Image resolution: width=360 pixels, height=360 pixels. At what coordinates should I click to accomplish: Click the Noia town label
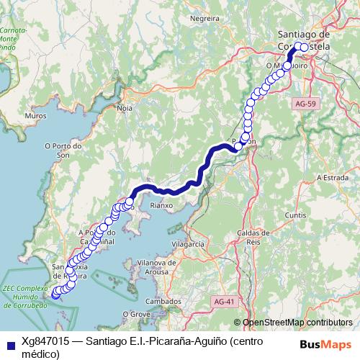tap(125, 108)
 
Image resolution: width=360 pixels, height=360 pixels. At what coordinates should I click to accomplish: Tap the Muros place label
tap(35, 115)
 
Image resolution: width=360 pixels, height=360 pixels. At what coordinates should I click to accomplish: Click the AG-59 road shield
tap(305, 104)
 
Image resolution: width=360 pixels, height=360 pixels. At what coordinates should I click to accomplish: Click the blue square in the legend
tap(10, 341)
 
